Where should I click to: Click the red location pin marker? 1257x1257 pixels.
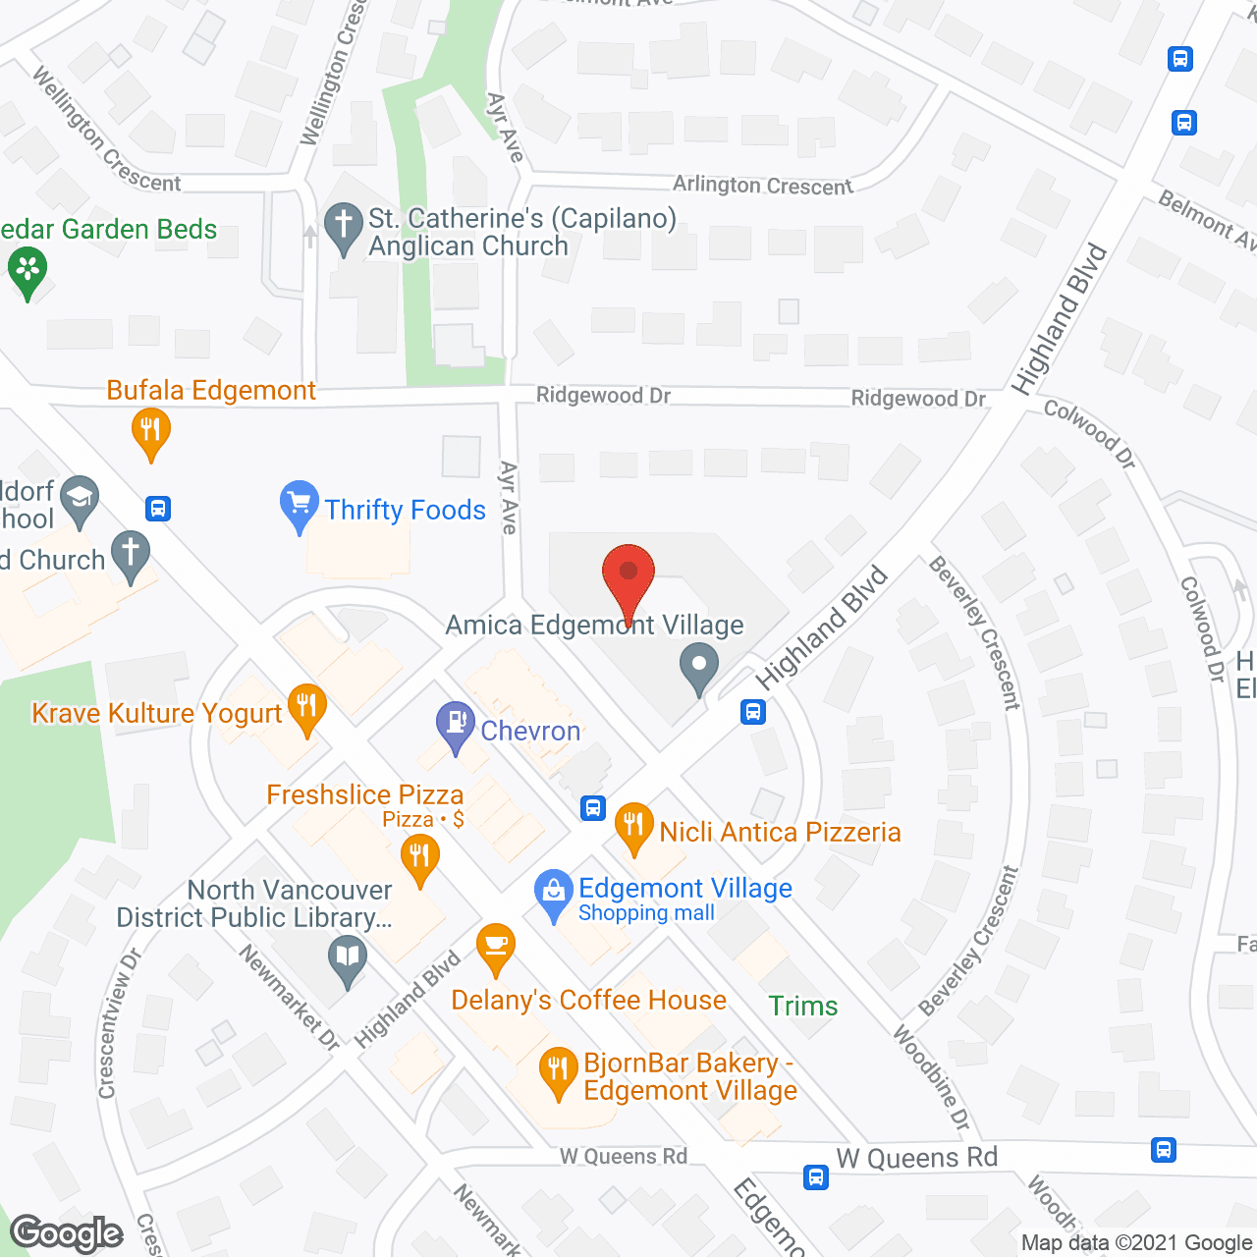point(628,579)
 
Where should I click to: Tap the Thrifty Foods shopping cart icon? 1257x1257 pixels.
point(299,506)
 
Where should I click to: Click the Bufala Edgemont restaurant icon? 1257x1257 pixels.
point(150,432)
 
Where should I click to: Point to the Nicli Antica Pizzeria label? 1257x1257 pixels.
point(780,832)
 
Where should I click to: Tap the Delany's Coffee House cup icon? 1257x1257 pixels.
point(496,948)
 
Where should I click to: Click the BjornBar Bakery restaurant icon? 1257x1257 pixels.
point(558,1071)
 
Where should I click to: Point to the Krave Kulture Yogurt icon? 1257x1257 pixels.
point(306,708)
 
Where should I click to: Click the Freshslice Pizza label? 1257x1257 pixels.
point(364,794)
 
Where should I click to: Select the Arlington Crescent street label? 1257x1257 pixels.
point(762,185)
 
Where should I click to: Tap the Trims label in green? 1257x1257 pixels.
point(803,1006)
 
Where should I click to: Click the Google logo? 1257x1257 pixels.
point(67,1233)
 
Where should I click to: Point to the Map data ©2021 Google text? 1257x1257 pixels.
point(1137,1243)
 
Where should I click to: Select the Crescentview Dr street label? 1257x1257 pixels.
point(119,1022)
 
